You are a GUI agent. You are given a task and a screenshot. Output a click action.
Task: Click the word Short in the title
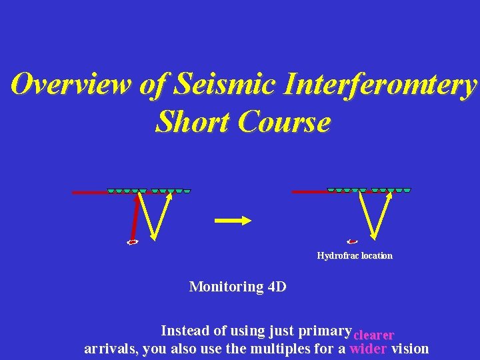pyautogui.click(x=192, y=122)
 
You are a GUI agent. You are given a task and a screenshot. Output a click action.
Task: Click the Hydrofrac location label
pyautogui.click(x=355, y=256)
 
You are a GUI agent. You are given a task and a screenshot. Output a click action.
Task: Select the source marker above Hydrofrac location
pyautogui.click(x=353, y=241)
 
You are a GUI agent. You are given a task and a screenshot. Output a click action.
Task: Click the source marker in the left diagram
pyautogui.click(x=133, y=242)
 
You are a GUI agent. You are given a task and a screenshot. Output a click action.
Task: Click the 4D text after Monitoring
pyautogui.click(x=276, y=287)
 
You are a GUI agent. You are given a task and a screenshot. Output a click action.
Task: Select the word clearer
pyautogui.click(x=373, y=335)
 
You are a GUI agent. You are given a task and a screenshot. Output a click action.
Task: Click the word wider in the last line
pyautogui.click(x=368, y=349)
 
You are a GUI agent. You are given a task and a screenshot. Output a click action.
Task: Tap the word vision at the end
pyautogui.click(x=410, y=349)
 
